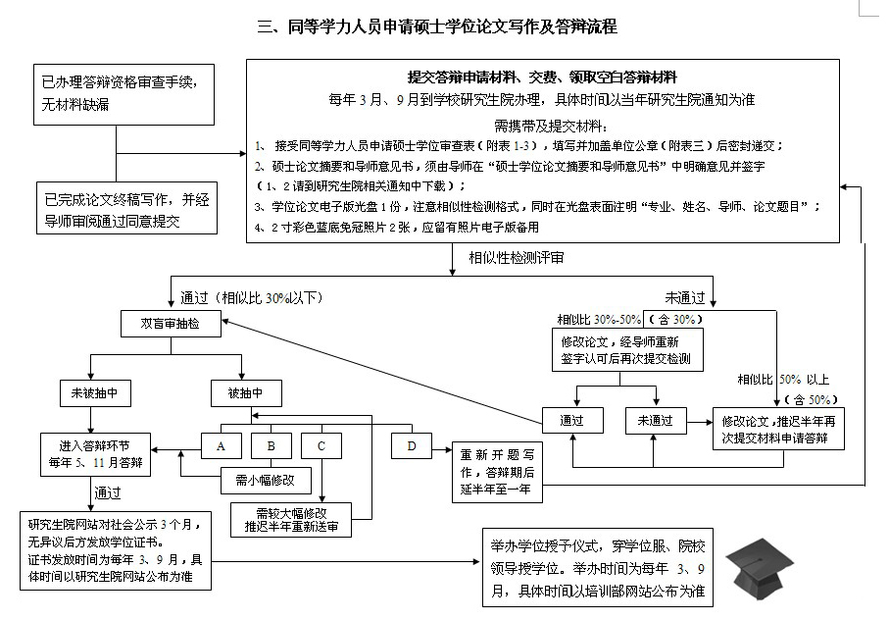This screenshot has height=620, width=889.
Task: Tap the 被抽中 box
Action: click(246, 393)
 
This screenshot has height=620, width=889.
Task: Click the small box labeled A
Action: click(222, 446)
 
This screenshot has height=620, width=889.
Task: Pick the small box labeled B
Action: click(272, 446)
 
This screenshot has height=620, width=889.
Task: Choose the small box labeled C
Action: click(321, 446)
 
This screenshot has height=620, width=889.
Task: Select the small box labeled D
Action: click(411, 446)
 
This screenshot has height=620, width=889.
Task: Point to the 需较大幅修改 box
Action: click(291, 518)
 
